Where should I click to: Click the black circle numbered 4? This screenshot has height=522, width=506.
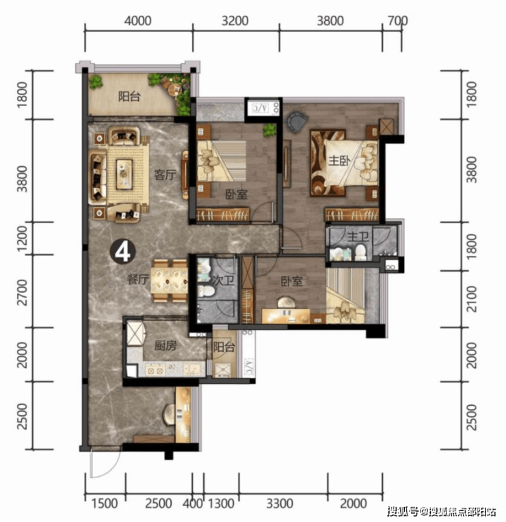(123, 252)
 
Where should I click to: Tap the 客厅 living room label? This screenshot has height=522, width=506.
(165, 174)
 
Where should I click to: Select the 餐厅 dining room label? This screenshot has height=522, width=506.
(138, 279)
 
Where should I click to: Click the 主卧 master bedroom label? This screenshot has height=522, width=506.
(339, 161)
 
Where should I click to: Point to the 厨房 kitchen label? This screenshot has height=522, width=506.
(165, 345)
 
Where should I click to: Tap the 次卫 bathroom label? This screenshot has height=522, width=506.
(223, 280)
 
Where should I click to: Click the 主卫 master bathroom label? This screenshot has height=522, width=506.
(358, 237)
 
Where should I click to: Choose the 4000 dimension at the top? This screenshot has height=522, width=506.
(137, 21)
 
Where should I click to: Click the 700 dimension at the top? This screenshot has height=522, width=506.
(397, 21)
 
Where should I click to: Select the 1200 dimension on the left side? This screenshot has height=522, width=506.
(23, 239)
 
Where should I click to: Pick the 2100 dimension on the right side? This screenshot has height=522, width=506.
(471, 299)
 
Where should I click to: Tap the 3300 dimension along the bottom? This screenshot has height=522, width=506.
(280, 504)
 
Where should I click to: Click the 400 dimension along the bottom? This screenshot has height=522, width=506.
(193, 504)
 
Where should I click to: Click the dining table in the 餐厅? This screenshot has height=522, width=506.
(170, 280)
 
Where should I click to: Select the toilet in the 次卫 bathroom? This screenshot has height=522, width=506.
(206, 291)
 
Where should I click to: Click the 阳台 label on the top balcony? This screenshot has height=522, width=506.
(129, 96)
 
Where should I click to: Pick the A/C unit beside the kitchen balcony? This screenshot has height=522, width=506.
(248, 366)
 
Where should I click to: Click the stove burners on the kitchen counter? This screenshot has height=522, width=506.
(155, 370)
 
